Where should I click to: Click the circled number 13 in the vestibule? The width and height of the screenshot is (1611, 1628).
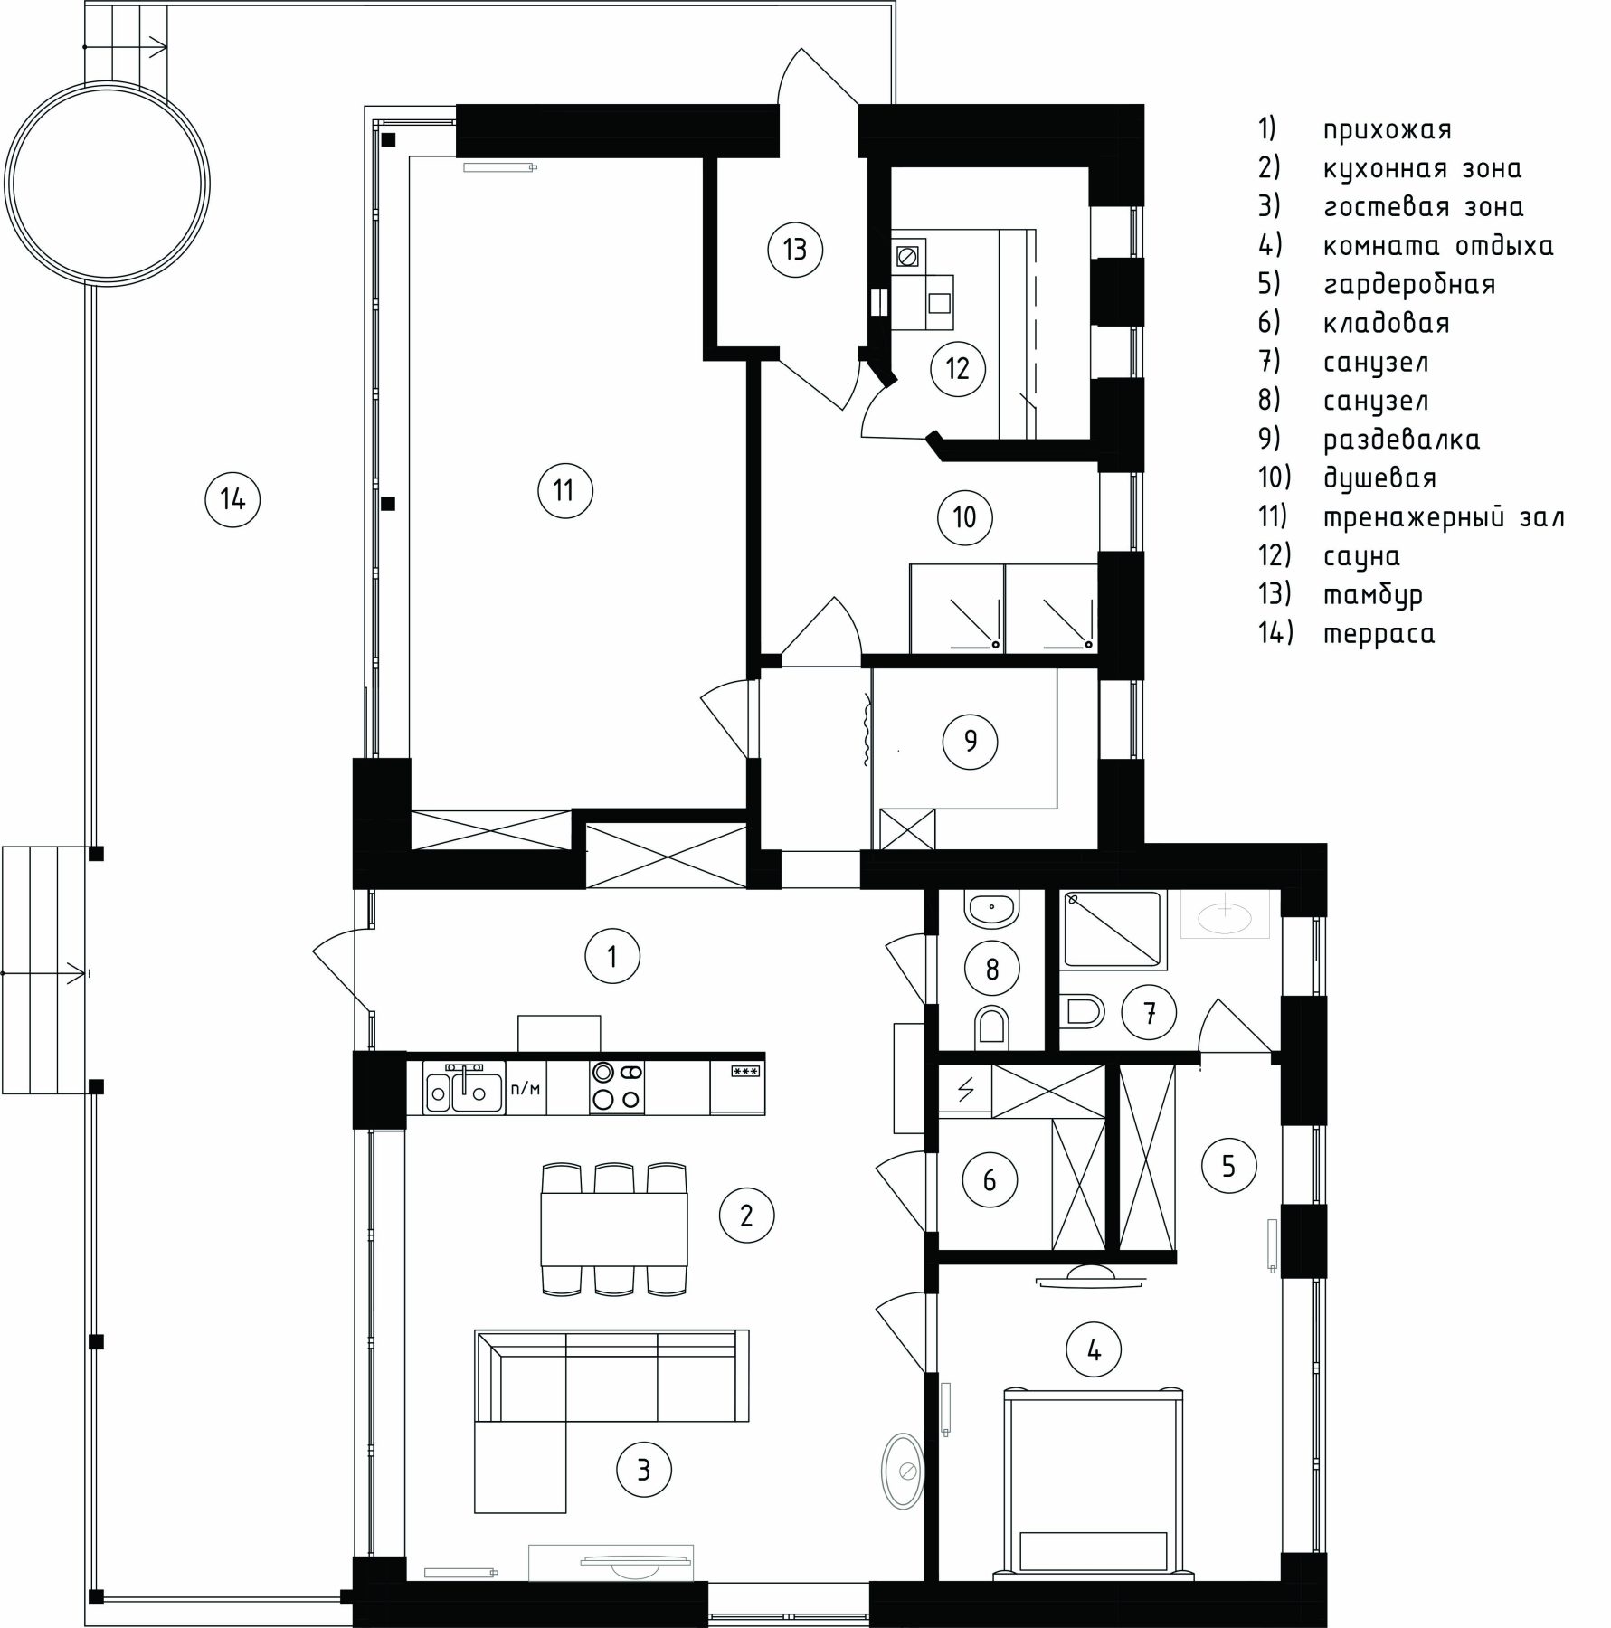[795, 249]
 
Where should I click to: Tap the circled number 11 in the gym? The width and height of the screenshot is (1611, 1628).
[564, 491]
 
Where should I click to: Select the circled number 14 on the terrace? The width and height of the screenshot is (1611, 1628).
[232, 498]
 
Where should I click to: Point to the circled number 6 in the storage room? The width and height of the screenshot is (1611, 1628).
[989, 1179]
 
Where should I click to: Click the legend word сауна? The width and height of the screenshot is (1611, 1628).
[1361, 556]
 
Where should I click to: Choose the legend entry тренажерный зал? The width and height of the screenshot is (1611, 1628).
[1444, 517]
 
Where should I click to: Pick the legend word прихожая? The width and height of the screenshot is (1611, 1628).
[1388, 130]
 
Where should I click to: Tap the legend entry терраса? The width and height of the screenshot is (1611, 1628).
[1379, 634]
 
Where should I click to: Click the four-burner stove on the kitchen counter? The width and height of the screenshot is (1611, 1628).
[617, 1086]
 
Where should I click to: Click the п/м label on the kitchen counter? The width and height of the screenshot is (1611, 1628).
[526, 1088]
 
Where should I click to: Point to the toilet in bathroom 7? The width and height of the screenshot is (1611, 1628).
[1081, 1010]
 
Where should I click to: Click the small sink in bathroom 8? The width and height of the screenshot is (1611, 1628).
[992, 907]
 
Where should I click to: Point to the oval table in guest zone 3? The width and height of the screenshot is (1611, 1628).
[903, 1471]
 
